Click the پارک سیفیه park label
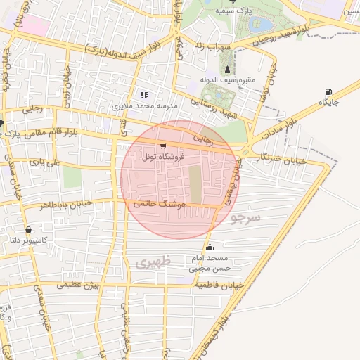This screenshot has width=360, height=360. tap(233, 12)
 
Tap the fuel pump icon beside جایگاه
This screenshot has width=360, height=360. tap(328, 92)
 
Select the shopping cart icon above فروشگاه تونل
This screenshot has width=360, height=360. tap(163, 146)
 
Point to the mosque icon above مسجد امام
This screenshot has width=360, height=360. tap(210, 247)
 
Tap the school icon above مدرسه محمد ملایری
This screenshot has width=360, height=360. tap(145, 95)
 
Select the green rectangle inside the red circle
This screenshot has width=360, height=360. tap(195, 182)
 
